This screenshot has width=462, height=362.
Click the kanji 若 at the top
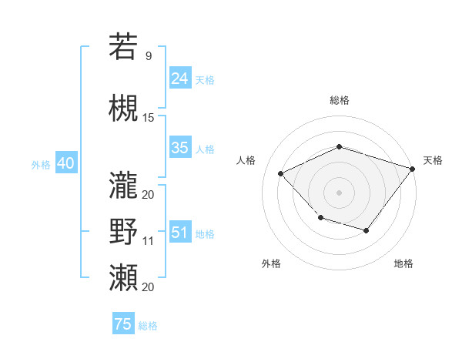[x=123, y=47]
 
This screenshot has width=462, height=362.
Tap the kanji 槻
[x=123, y=109]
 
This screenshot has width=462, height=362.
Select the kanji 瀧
[x=123, y=185]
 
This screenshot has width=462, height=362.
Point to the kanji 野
[x=123, y=232]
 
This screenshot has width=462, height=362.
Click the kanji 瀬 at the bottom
[x=123, y=278]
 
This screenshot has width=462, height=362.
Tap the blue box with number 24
[x=180, y=79]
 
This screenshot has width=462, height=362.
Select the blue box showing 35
[x=180, y=149]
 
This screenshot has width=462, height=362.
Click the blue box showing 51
[x=180, y=233]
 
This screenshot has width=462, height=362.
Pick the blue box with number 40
[x=65, y=163]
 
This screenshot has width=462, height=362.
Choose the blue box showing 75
[x=123, y=324]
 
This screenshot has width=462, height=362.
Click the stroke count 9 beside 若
[x=148, y=56]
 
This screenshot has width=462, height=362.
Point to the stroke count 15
[x=149, y=118]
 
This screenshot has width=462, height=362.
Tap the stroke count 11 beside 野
[x=149, y=241]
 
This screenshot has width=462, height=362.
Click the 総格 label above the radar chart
[x=339, y=100]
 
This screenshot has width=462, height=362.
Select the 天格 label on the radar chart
[x=433, y=160]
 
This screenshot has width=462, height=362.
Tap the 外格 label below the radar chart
[x=271, y=263]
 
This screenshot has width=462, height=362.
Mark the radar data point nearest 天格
[x=413, y=168]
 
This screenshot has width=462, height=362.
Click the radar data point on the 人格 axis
[x=281, y=173]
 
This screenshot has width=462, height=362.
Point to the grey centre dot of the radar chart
[x=339, y=192]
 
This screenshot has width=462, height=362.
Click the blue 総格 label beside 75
[x=148, y=326]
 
